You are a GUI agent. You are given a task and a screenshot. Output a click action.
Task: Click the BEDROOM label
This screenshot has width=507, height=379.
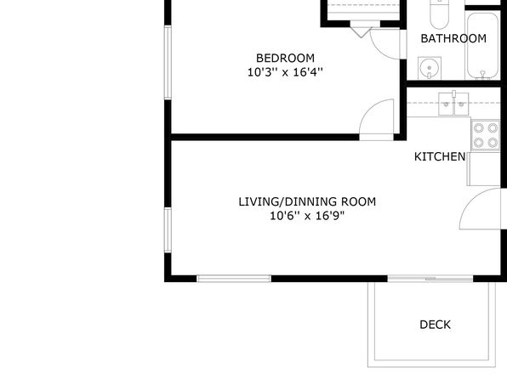point(285,58)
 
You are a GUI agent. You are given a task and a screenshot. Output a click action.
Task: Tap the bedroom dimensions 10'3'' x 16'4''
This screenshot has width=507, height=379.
point(285,72)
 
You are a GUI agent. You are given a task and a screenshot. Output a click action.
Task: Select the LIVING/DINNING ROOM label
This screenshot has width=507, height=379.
point(307,201)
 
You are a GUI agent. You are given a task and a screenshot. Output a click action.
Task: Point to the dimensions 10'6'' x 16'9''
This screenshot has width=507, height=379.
point(307,216)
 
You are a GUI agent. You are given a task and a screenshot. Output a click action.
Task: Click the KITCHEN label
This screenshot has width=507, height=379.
point(440,156)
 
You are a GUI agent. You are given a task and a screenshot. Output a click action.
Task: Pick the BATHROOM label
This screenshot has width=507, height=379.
point(453,39)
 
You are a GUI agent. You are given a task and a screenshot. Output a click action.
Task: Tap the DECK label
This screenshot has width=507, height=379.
point(435,325)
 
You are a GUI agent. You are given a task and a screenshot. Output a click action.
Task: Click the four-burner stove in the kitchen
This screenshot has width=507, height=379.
point(486,135)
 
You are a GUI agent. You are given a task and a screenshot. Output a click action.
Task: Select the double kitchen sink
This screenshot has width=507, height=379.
point(453,104)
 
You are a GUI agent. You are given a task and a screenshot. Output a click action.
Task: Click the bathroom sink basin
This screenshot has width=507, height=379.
point(430,68)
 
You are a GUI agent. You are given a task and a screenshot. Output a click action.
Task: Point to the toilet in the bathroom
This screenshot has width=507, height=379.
point(440,14)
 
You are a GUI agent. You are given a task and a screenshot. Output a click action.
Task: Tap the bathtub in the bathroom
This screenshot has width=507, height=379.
point(482,45)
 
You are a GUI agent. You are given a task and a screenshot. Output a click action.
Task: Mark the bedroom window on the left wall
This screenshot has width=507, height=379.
point(168,63)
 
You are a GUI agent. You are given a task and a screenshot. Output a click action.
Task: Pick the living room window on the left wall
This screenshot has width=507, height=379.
point(168,229)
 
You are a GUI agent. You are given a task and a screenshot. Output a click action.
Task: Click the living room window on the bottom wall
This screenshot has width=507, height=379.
point(234,279)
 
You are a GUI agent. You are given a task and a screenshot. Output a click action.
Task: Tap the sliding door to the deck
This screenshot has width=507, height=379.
point(430,278)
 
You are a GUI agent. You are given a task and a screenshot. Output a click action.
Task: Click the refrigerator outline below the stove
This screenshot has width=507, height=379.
point(484,168)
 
